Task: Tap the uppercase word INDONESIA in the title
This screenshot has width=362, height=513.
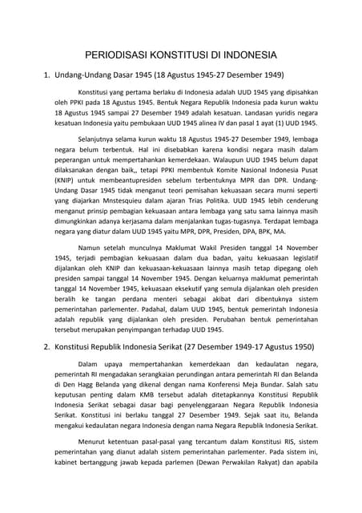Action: click(247, 56)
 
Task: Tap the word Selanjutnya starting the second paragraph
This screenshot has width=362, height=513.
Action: click(99, 160)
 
